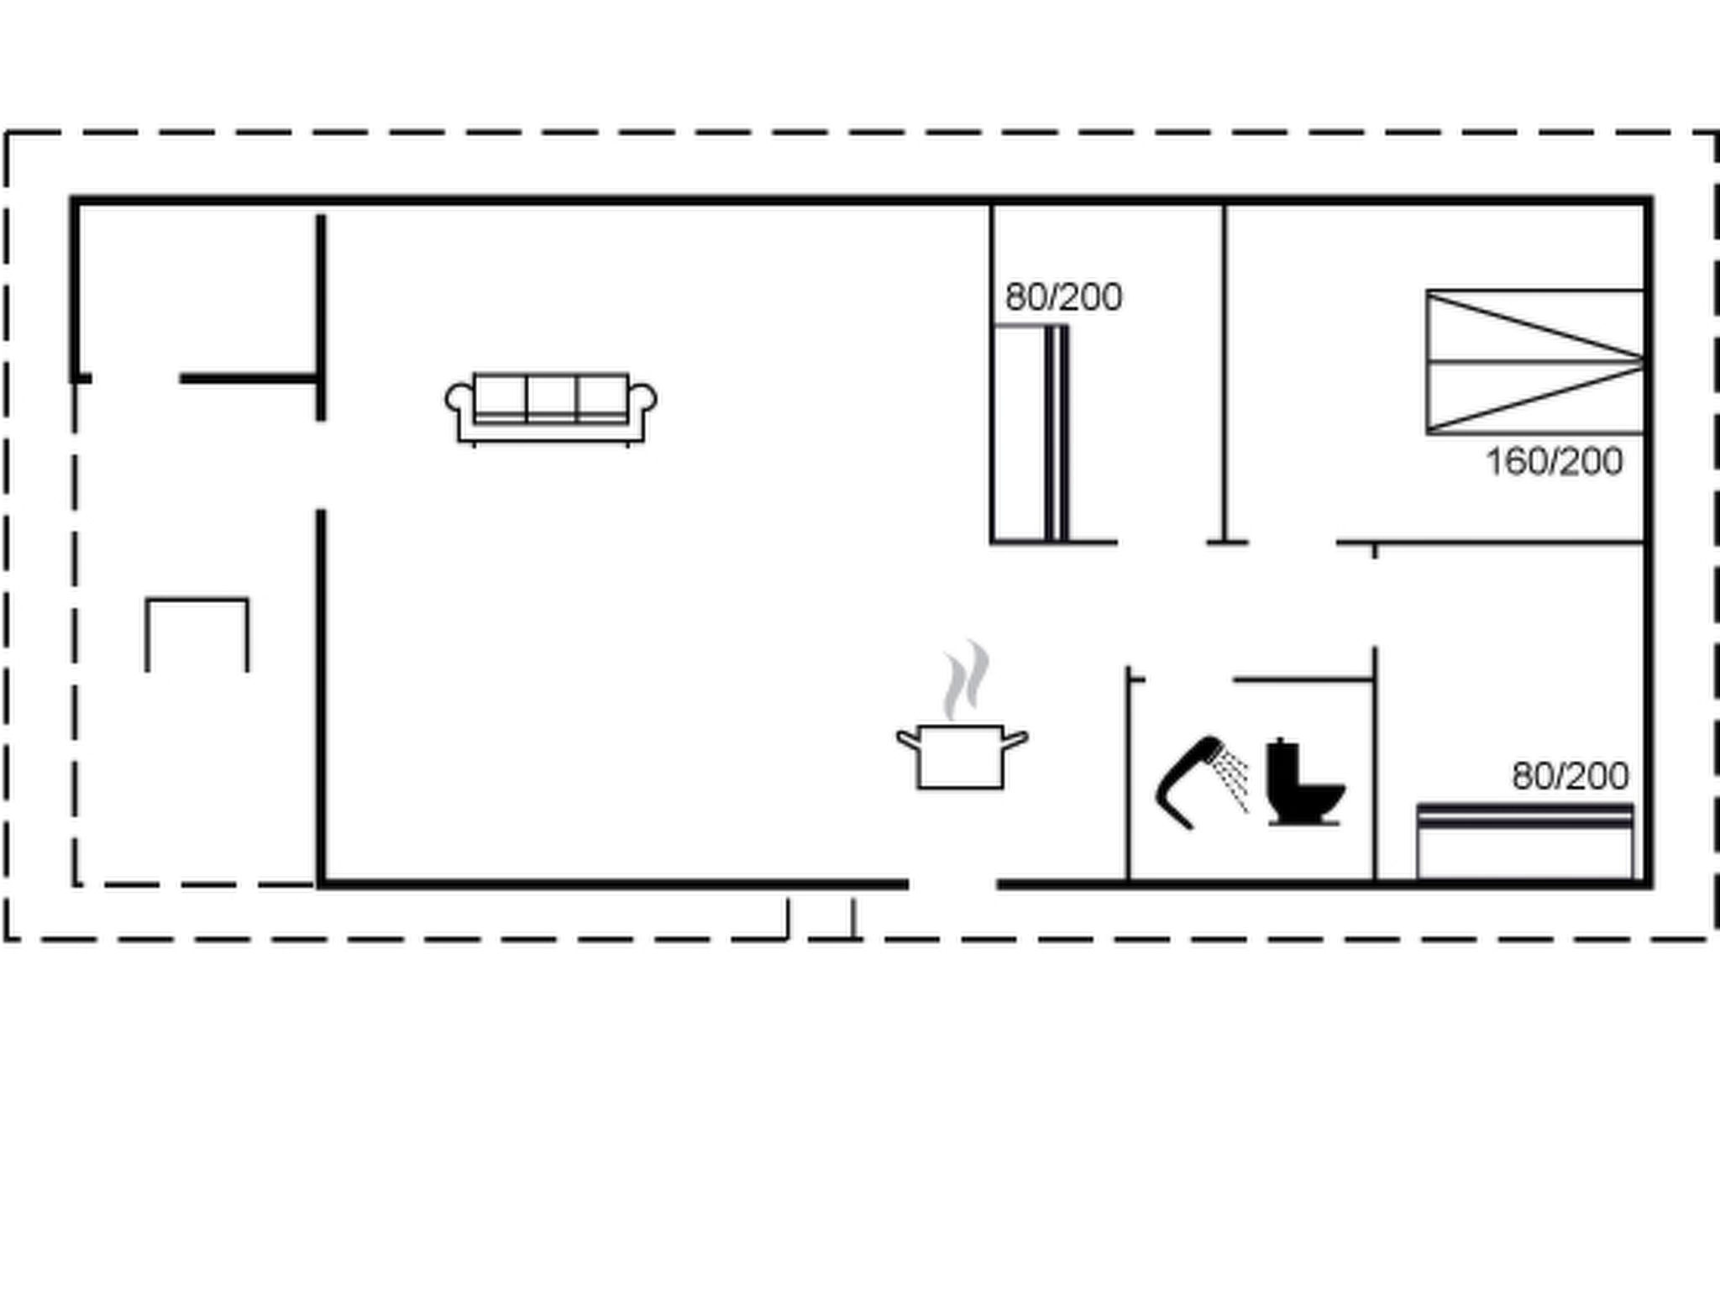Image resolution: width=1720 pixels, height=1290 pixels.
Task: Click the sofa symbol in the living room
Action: tap(551, 408)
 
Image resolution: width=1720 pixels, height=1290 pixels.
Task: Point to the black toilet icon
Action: tap(1303, 782)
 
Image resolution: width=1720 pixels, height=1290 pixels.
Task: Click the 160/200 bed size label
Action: tap(1555, 462)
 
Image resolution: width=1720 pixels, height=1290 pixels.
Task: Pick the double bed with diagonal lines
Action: tap(1535, 362)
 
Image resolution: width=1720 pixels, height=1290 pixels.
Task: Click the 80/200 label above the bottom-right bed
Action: tap(1571, 776)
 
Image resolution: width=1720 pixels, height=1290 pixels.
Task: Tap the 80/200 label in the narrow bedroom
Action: tap(1063, 297)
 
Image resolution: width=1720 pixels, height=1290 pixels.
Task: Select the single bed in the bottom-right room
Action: tap(1525, 842)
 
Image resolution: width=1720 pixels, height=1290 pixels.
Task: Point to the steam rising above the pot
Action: tap(966, 679)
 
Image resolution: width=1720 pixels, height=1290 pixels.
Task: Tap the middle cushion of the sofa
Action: tap(552, 397)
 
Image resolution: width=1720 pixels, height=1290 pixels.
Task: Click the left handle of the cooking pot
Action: tap(908, 739)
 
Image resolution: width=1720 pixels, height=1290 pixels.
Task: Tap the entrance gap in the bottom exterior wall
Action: tap(952, 884)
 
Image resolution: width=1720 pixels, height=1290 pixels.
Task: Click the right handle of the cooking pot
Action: tap(1016, 739)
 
